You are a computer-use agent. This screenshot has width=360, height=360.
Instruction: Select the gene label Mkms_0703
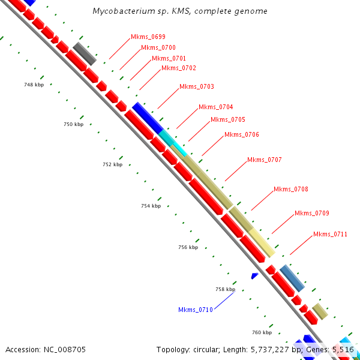(x=196, y=87)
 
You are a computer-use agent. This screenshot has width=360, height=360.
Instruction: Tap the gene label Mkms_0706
(x=241, y=134)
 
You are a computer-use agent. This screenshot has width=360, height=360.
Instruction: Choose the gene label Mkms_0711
(x=330, y=234)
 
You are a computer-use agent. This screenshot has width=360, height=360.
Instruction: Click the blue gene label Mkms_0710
(x=195, y=310)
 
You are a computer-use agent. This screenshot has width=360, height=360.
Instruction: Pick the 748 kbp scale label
(x=34, y=85)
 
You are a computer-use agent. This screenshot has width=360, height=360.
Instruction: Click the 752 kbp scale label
(x=112, y=164)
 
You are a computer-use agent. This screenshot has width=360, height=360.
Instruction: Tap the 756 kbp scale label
(x=188, y=247)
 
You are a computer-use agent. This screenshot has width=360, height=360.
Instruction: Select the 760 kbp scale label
(x=262, y=332)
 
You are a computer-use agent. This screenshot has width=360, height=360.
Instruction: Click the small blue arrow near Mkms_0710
(x=254, y=275)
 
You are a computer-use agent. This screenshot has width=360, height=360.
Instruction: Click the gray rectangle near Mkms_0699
(x=85, y=53)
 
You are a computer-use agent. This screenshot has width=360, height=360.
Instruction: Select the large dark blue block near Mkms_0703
(x=148, y=118)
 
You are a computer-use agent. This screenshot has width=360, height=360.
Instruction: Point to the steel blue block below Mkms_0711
(x=292, y=278)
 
